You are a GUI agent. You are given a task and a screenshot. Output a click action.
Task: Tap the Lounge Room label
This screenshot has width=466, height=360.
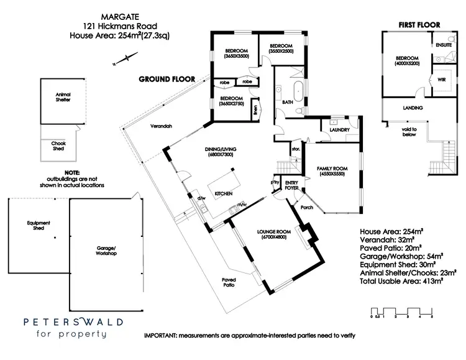[276, 235]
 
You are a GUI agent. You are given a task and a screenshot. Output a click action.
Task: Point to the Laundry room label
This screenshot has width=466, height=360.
[341, 130]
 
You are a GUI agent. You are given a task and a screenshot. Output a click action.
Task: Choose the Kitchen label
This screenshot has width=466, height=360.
[223, 194]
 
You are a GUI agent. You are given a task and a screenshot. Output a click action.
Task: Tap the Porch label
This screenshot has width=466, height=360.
[306, 207]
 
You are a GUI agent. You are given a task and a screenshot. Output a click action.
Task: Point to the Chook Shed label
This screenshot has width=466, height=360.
[58, 146]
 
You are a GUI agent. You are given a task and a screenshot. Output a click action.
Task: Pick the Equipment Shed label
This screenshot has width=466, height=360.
[38, 225]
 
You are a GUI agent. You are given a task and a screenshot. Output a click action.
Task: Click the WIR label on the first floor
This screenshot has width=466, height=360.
[442, 80]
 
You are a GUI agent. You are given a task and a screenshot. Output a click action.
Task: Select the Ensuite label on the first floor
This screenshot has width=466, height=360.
[444, 45]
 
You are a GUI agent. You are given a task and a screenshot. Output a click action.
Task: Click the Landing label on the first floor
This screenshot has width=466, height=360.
[413, 108]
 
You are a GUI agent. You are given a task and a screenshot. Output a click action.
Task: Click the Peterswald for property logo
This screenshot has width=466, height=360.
[73, 328]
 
